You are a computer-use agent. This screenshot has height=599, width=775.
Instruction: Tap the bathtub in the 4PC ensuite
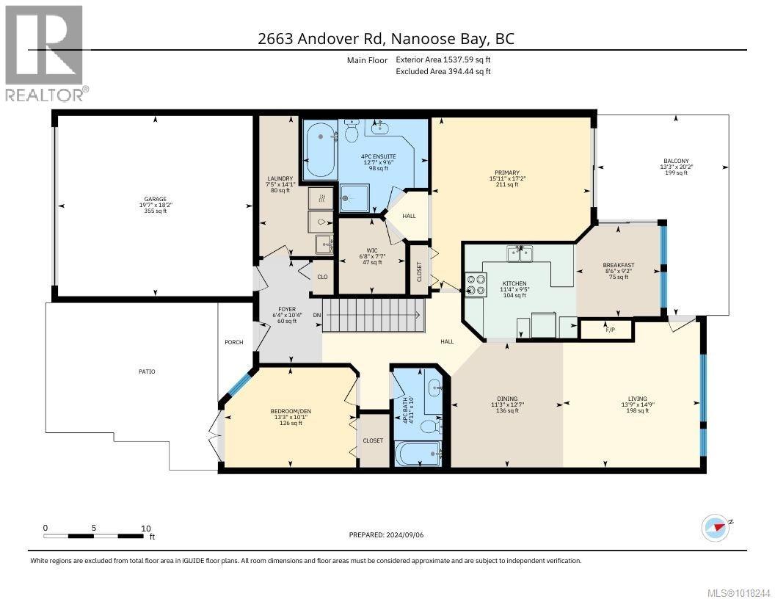[320, 150]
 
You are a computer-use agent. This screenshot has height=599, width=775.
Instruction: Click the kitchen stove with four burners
[476, 284]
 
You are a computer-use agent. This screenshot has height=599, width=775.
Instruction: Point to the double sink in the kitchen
[520, 253]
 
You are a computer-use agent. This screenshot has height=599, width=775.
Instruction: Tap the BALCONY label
[676, 161]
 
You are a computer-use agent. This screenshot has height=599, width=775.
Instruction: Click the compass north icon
[714, 526]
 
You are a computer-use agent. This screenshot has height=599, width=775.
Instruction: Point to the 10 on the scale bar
[145, 528]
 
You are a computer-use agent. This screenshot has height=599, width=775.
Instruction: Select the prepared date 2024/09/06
[387, 534]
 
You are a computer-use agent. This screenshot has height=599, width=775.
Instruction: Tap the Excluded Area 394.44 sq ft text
[443, 71]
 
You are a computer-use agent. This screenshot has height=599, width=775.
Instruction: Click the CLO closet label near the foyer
[321, 277]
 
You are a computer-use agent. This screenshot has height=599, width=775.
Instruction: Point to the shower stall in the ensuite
[356, 197]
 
